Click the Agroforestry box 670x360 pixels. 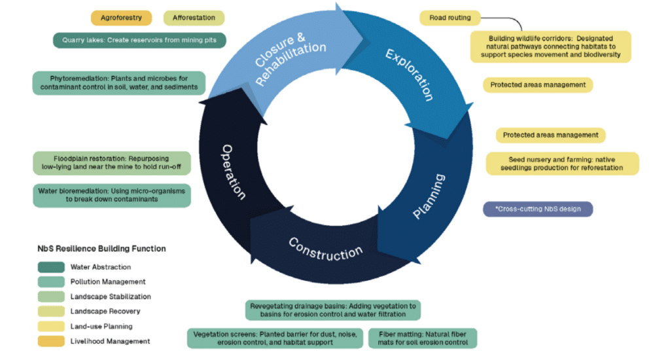tap(121, 18)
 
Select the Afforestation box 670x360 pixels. tap(194, 18)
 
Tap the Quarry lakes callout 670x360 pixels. tap(139, 40)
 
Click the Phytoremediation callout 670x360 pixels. tap(118, 82)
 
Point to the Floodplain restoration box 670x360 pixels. tap(112, 163)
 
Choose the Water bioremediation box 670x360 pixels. tap(112, 195)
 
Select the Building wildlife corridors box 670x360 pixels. tap(551, 46)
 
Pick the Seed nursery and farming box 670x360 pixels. tap(562, 164)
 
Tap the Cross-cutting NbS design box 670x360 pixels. tap(537, 209)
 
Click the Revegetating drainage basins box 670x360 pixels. tap(334, 310)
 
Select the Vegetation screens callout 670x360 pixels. tap(275, 338)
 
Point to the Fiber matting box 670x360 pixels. tap(423, 338)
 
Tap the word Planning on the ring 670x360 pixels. tap(429, 196)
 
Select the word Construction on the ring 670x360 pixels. tap(325, 248)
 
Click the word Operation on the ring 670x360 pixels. tap(234, 172)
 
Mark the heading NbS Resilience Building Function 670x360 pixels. tap(101, 249)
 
